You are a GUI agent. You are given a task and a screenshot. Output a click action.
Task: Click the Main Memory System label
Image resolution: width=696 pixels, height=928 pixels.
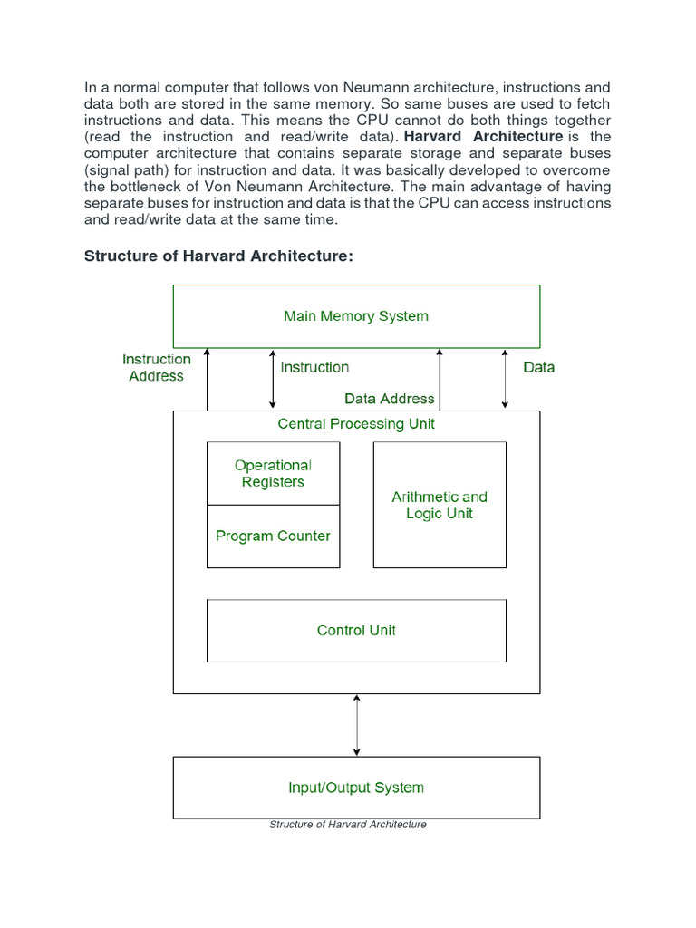[x=356, y=316]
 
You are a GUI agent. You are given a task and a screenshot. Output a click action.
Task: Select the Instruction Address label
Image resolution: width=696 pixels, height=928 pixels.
[x=157, y=368]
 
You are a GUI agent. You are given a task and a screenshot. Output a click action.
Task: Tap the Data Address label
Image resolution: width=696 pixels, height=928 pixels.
[x=390, y=399]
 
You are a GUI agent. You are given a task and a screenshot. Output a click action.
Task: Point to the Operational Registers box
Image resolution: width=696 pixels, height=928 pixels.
[x=273, y=473]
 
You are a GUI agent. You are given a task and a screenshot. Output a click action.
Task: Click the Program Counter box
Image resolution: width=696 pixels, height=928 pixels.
[x=273, y=536]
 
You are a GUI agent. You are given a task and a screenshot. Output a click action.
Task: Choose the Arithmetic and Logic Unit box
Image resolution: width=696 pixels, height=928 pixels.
[x=440, y=505]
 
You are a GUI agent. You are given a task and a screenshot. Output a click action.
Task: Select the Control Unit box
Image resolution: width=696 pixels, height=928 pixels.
[x=356, y=631]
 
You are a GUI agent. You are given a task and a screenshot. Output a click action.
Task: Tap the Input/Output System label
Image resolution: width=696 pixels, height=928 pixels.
[x=356, y=788]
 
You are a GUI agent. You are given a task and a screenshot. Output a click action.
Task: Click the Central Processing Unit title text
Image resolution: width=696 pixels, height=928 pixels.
[x=356, y=424]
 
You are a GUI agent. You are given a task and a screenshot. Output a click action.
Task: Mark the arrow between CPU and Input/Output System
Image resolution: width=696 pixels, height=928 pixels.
[x=356, y=725]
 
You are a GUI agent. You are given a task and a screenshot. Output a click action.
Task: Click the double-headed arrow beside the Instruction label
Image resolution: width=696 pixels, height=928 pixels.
[x=273, y=379]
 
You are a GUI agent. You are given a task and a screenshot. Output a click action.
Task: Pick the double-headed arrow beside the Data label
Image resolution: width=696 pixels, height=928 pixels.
[x=506, y=379]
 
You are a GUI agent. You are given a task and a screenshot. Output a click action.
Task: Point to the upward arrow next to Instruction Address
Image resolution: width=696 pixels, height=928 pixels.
[x=208, y=379]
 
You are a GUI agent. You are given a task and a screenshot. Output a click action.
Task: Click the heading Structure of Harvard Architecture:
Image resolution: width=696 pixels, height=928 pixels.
[x=218, y=256]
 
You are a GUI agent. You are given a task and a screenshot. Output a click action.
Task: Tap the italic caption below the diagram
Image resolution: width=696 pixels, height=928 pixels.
[x=348, y=825]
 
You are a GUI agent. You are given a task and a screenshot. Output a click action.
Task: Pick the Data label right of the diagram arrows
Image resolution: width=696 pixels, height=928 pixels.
[x=539, y=368]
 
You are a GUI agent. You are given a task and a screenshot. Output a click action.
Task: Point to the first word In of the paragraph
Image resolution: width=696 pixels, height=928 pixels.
[x=90, y=87]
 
